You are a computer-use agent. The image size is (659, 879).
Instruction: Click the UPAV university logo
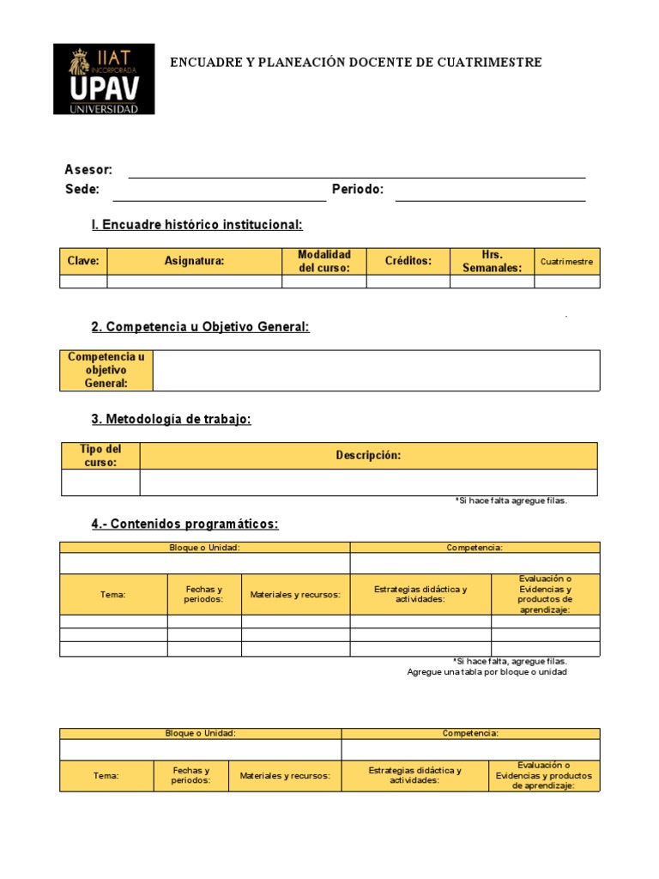coord(104,79)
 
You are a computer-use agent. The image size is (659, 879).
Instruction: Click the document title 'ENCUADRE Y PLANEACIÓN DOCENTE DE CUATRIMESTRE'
coord(356,63)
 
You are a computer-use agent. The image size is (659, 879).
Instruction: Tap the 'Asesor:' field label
coord(88,170)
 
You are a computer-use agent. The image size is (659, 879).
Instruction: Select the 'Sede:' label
coord(82,189)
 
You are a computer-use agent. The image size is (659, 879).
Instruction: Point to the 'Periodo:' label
coord(358,189)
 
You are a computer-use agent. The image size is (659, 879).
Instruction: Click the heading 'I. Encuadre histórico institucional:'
coord(197,225)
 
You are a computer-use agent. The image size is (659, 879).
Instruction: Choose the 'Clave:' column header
coord(83,261)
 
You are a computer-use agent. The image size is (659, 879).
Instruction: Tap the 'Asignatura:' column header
coord(194,261)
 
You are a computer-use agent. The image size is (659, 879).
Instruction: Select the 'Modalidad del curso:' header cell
coord(324,261)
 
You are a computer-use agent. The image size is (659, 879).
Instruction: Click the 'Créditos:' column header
coord(408,261)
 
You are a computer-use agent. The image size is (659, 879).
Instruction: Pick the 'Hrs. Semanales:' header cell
coord(492,261)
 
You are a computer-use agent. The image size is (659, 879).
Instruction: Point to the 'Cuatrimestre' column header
coord(567,261)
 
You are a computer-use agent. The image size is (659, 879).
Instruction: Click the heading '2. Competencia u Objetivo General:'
coord(200,327)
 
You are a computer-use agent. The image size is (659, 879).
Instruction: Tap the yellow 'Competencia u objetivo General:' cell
coord(106,370)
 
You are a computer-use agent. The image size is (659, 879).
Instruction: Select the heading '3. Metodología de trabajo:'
coord(172,419)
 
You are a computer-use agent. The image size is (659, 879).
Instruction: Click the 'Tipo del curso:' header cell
coord(100,456)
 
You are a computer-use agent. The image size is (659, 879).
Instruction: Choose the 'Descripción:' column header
coord(368,456)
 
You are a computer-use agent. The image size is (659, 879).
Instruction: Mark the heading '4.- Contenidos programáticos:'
coord(185,524)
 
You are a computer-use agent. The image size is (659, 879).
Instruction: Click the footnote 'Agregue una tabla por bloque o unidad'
coord(487,672)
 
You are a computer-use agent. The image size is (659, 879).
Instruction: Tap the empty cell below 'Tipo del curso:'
coord(100,482)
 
